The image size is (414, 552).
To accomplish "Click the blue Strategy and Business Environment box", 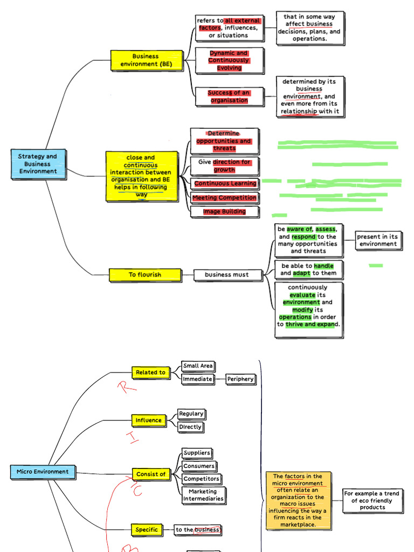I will pos(38,164).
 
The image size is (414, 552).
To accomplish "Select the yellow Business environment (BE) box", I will pos(146,60).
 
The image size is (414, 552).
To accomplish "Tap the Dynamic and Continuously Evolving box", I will pos(229,61).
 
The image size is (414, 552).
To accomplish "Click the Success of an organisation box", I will pos(229,96).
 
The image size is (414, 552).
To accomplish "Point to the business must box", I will pos(227,275).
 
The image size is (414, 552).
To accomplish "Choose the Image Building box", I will pos(224,212).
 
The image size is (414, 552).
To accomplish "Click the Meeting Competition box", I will pos(224,198).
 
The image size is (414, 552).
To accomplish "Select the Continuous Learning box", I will pos(225,184).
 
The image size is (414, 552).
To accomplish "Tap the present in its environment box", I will pos(378,240).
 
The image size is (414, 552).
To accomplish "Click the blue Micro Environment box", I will pos(43,472).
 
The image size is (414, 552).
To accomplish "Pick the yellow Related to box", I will pos(150,372).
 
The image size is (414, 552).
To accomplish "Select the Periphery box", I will pos(240,379).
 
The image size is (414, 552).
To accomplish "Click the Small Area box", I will pos(198,366).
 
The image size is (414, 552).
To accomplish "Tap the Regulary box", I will pos(191,414).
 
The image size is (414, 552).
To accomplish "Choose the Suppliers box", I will pos(197,453).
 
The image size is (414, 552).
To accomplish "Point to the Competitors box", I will pos(202,479).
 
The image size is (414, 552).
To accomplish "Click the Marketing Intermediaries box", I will pos(203,495).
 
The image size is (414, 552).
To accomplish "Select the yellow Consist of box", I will pos(151,474).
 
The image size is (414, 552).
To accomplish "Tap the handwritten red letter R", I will pos(125,387).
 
